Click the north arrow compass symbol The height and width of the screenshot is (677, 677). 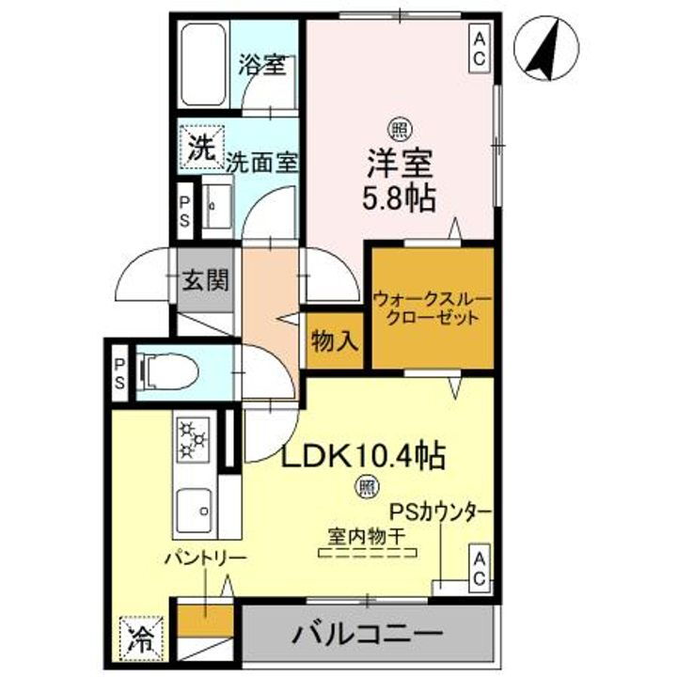click(x=549, y=49)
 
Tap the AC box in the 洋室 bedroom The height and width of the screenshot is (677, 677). click(x=479, y=49)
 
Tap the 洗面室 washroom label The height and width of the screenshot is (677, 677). click(x=261, y=161)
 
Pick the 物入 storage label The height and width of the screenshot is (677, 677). click(x=334, y=341)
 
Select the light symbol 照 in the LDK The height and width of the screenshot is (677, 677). click(x=365, y=487)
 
